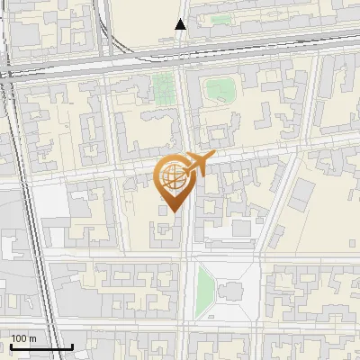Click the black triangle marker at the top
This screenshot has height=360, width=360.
(x=181, y=24)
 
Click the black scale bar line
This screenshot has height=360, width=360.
(x=41, y=346)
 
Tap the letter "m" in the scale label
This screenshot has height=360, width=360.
(x=35, y=338)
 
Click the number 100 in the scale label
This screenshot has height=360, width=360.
(x=20, y=338)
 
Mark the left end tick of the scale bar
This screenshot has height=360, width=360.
(x=11, y=345)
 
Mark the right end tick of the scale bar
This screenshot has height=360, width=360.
(x=72, y=345)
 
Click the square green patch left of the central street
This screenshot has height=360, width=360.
(x=163, y=88)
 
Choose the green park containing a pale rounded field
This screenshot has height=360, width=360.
(x=219, y=89)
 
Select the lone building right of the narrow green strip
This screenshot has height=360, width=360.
(x=229, y=292)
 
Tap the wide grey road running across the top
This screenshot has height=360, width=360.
(x=180, y=64)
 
